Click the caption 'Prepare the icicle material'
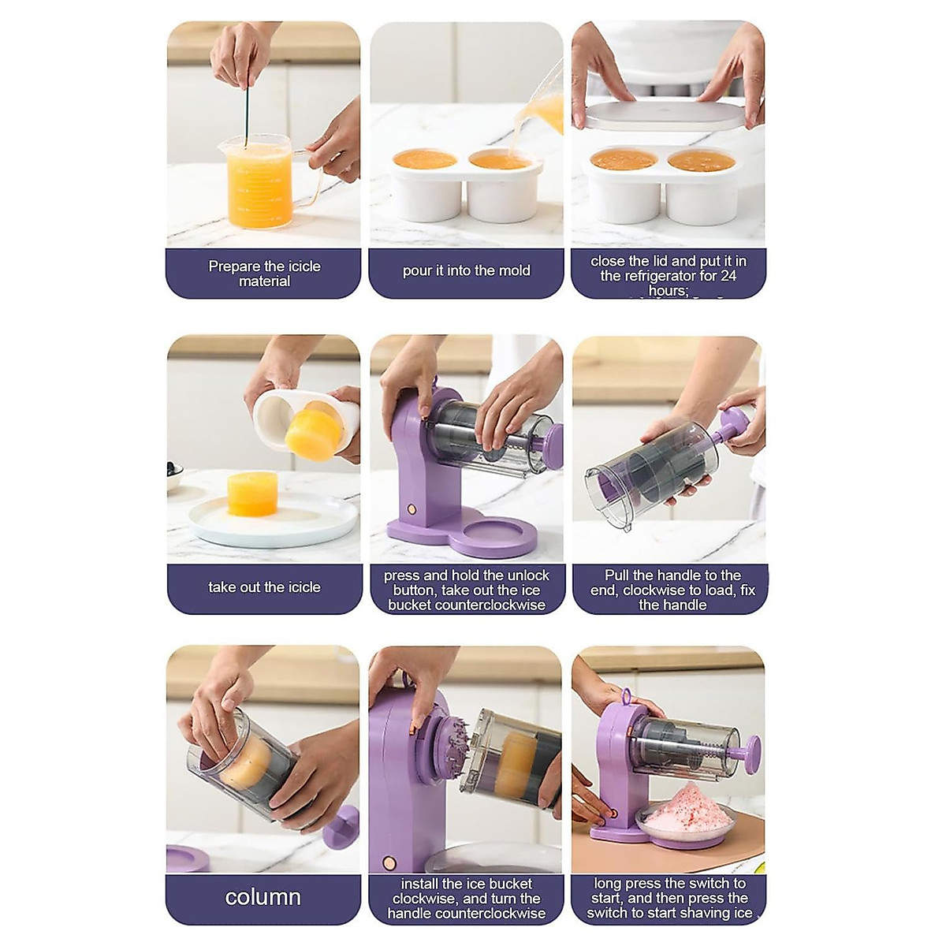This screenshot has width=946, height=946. tap(264, 274)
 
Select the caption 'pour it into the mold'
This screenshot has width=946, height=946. tap(466, 270)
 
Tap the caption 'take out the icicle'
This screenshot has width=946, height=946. tap(264, 587)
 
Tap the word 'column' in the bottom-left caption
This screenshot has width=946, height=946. tap(263, 897)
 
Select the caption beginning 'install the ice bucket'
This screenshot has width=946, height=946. tap(466, 899)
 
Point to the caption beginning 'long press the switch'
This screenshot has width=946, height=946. tap(669, 899)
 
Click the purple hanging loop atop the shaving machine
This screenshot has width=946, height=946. tap(627, 696)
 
